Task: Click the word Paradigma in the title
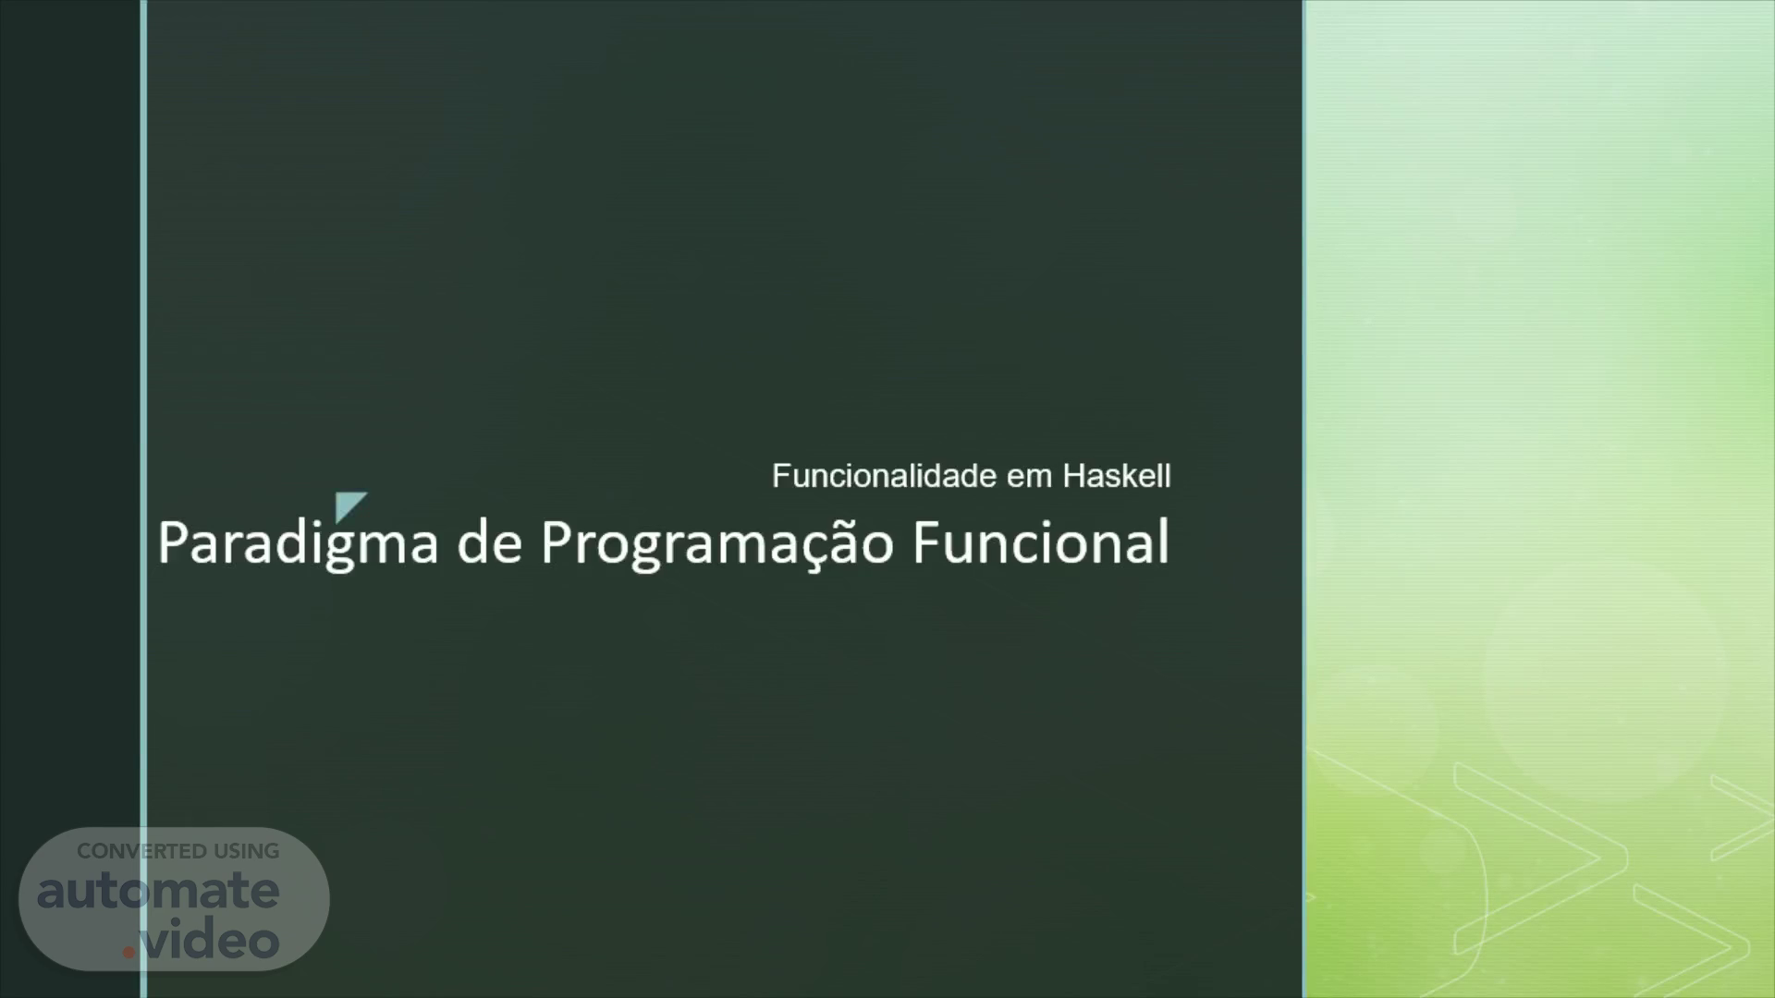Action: click(297, 543)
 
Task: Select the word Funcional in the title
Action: click(1041, 542)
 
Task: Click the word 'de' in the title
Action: click(490, 542)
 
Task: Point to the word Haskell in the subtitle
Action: click(1117, 476)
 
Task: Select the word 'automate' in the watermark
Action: click(158, 891)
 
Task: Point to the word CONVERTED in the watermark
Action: click(142, 851)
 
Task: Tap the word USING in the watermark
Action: click(247, 851)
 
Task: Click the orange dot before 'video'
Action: click(129, 952)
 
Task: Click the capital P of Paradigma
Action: click(173, 542)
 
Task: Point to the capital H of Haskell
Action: click(1073, 476)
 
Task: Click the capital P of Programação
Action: click(557, 542)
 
